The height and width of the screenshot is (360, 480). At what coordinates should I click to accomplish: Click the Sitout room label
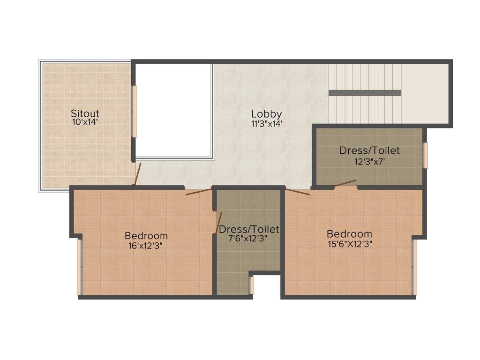(85, 113)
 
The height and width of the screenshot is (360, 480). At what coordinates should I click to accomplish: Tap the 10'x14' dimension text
(85, 122)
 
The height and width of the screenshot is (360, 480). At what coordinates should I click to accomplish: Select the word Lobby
(266, 114)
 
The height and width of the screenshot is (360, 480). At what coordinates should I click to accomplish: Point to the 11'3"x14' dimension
(266, 124)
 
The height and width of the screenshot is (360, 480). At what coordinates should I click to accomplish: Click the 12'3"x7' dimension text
(369, 161)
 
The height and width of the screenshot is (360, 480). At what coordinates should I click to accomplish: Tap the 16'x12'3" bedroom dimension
(146, 245)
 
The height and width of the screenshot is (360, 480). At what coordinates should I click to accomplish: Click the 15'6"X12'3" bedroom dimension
(350, 244)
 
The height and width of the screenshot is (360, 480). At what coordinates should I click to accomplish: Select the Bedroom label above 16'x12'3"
(146, 235)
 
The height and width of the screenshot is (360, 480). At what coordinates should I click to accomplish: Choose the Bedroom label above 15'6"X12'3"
(350, 234)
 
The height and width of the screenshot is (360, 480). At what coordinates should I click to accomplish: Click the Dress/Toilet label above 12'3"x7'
(369, 150)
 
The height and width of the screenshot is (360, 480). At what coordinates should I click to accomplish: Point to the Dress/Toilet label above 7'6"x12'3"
(249, 229)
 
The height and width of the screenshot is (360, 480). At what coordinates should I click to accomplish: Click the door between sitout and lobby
(137, 174)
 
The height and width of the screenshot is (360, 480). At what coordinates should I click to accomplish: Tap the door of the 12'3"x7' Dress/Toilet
(345, 183)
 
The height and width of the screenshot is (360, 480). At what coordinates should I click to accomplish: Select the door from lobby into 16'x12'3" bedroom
(198, 192)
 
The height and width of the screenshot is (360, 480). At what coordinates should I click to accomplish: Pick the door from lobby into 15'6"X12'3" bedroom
(298, 191)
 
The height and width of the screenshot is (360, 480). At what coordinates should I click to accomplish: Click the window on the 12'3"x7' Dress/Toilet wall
(426, 155)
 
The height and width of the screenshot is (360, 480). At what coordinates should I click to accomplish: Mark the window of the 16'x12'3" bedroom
(79, 267)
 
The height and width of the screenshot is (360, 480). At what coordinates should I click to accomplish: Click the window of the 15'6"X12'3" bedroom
(414, 267)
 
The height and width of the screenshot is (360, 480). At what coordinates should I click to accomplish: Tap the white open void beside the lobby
(174, 110)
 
